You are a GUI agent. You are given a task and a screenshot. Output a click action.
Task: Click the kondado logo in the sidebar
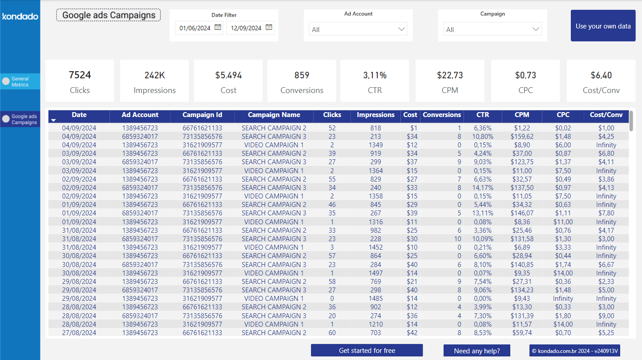point(20,16)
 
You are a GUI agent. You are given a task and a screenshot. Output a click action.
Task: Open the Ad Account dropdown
point(358,29)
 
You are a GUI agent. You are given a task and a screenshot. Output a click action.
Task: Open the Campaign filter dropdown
point(492,29)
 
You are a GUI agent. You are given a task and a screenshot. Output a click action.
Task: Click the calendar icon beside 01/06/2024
point(218,28)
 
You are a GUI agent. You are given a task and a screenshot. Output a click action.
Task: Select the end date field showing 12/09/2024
point(246,28)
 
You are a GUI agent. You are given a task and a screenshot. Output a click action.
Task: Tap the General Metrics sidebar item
point(20,81)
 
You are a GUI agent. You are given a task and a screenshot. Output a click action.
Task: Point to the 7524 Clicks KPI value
point(80,75)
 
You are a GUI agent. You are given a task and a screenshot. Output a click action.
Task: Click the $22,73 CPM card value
point(450,75)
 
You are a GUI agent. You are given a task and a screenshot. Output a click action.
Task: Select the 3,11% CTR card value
point(375,75)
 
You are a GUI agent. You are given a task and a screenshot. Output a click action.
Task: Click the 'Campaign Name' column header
point(274,115)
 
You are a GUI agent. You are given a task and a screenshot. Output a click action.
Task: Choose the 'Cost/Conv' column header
point(606,115)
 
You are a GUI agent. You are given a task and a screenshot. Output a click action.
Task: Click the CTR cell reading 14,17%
point(482,188)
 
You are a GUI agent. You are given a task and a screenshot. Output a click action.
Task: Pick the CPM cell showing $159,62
point(522,137)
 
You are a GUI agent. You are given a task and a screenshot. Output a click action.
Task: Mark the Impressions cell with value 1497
point(376,273)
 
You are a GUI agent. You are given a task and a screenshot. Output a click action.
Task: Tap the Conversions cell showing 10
point(457,239)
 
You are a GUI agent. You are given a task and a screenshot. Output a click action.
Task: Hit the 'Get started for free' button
point(367,351)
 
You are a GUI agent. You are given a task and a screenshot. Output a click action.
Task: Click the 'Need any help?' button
point(476,351)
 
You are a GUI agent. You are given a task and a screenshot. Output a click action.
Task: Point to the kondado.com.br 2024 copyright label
point(574,351)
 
